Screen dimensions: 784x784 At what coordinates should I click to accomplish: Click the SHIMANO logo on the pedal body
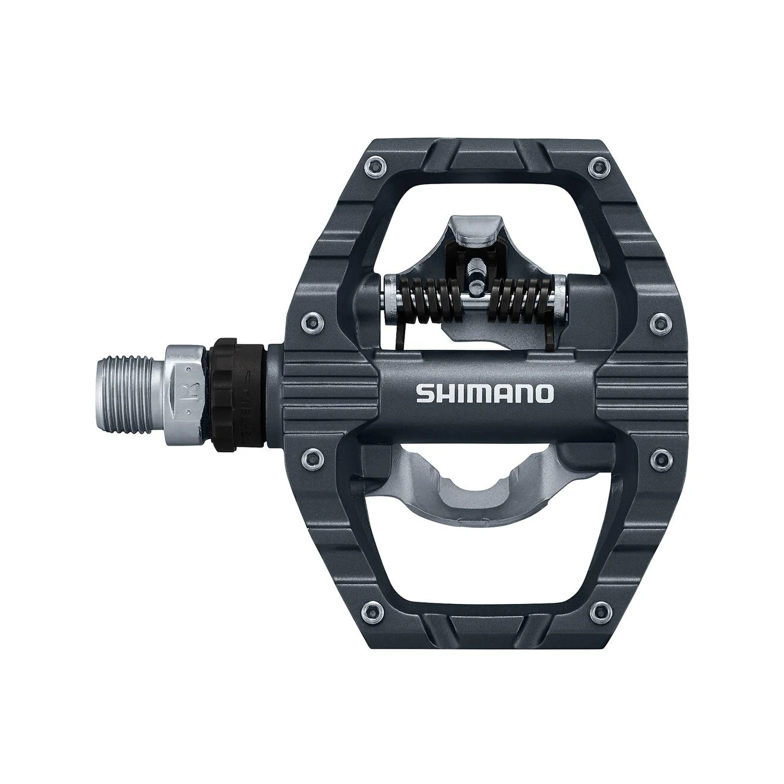click(485, 393)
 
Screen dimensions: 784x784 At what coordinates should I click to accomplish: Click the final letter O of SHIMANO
click(544, 394)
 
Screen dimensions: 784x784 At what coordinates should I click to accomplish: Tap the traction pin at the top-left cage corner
click(374, 166)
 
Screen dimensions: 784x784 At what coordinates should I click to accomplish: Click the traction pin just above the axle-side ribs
click(311, 323)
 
